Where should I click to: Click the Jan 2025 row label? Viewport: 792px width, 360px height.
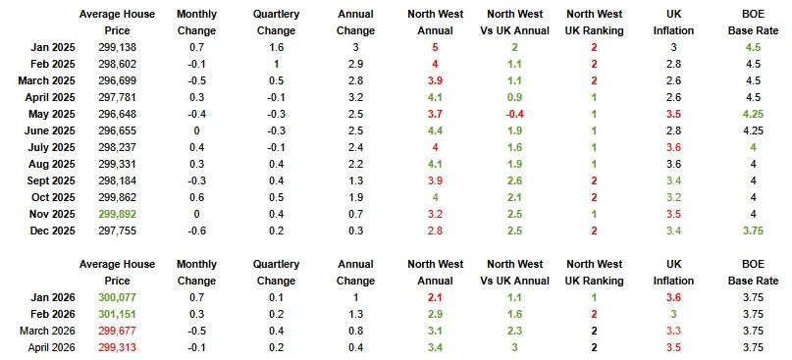coord(53,48)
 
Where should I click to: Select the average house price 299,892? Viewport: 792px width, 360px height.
coord(117,215)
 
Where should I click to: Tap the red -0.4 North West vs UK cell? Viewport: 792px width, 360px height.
coord(514,114)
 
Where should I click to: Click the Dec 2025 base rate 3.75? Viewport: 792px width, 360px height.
coord(753,231)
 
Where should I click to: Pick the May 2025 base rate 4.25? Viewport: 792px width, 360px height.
coord(753,114)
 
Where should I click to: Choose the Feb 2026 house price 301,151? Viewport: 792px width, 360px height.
coord(117,314)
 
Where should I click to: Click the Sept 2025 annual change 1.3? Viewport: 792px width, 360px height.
coord(355,181)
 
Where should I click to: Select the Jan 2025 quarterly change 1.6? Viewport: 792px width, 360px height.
coord(277,48)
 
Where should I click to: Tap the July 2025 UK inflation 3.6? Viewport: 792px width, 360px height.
coord(673,148)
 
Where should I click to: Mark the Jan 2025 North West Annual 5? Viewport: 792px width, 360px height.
coord(435,48)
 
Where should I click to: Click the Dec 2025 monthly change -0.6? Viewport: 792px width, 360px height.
coord(196,231)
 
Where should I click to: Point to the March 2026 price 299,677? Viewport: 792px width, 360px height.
coord(117,331)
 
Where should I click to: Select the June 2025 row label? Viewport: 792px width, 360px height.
coord(49,131)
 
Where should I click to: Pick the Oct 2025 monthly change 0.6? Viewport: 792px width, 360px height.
coord(196,198)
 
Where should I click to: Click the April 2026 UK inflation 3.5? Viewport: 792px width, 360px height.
coord(673,347)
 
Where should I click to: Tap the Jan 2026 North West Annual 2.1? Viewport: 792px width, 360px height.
coord(435,298)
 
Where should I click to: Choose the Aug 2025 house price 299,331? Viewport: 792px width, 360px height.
coord(117,165)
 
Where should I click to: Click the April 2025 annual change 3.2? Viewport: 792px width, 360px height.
coord(355,97)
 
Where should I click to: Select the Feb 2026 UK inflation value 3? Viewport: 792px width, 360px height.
coord(673,314)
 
